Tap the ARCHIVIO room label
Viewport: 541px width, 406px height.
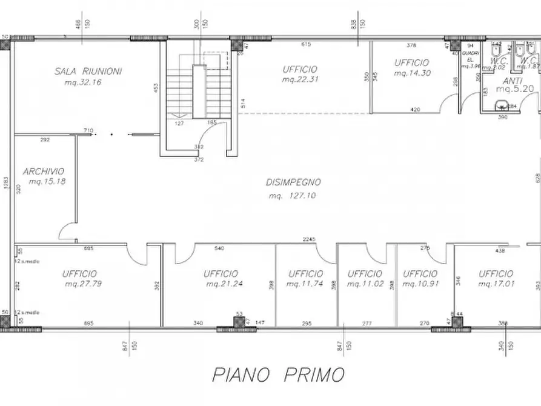[x=44, y=171]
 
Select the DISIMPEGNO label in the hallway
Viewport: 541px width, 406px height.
[x=293, y=182]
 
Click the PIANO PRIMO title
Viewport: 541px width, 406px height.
[x=278, y=374]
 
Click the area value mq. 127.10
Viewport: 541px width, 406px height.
[x=293, y=196]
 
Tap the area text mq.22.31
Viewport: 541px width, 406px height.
[x=299, y=79]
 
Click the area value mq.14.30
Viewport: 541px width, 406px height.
[x=411, y=73]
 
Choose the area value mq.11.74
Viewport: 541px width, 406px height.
[x=305, y=284]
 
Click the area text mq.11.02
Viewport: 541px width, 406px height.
[x=365, y=284]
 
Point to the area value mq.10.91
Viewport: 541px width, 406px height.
[x=420, y=284]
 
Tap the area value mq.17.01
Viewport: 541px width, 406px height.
[x=496, y=284]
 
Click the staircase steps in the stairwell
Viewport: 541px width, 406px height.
[x=179, y=91]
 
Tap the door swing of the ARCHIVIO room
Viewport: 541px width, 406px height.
[x=67, y=231]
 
